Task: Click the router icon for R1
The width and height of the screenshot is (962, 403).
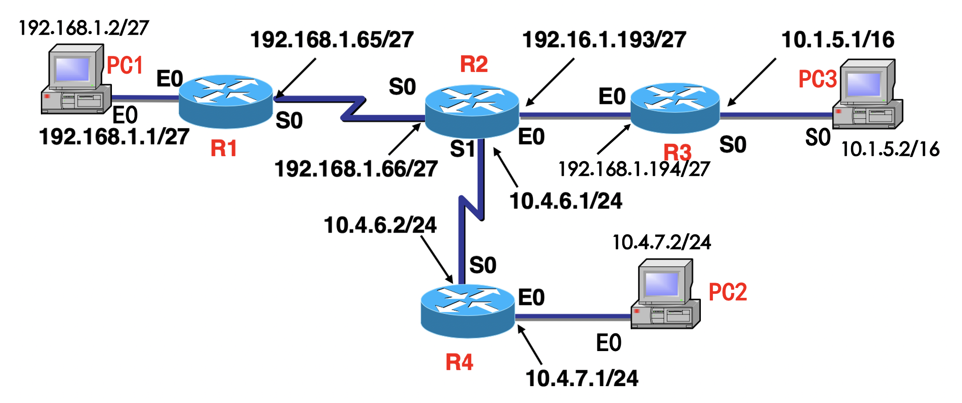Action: [226, 101]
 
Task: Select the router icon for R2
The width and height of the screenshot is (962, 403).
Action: [472, 111]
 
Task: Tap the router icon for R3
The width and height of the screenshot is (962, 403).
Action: [675, 108]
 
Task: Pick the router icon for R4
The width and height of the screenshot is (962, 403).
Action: [467, 311]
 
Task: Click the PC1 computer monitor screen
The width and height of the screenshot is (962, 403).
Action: [72, 69]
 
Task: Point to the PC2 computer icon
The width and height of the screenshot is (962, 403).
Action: [665, 294]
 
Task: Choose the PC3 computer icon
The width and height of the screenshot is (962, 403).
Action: [867, 95]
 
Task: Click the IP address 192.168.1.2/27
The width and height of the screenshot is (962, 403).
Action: [83, 28]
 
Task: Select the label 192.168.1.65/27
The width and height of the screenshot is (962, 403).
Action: [332, 40]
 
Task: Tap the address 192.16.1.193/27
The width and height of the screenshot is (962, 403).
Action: [604, 40]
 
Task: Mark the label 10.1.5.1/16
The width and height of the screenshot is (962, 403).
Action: [838, 40]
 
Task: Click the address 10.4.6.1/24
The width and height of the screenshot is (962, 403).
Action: [565, 201]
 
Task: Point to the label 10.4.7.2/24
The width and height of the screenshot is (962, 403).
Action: [661, 242]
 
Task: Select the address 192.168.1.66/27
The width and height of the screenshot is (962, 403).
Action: [356, 169]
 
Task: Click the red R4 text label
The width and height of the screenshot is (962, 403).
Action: [459, 362]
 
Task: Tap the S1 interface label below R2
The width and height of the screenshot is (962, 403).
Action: [462, 149]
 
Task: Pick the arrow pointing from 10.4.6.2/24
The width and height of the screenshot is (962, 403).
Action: [437, 259]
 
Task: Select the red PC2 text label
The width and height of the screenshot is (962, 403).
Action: [727, 292]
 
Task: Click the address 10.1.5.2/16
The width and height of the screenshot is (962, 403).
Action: [890, 149]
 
